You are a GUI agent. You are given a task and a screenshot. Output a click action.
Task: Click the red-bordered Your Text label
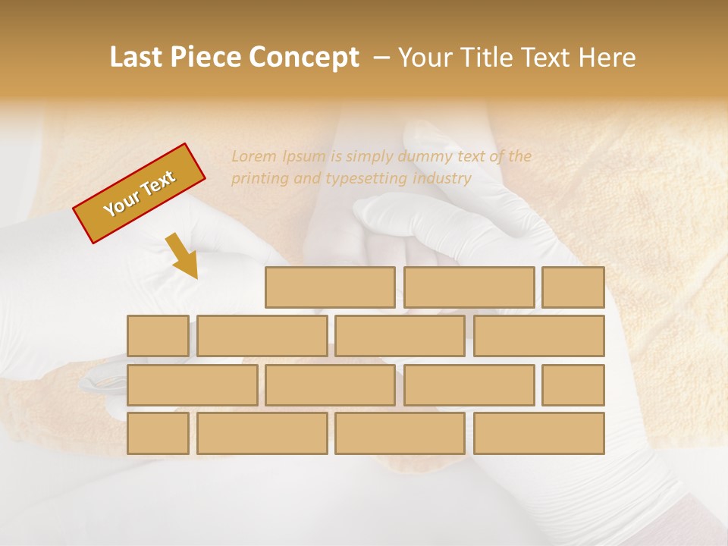tap(139, 193)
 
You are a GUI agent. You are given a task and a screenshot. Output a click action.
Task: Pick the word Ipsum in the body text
tap(304, 157)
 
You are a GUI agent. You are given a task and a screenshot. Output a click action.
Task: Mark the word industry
tap(443, 179)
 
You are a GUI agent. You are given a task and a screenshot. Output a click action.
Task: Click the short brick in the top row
tap(573, 287)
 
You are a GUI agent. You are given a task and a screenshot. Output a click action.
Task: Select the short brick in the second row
tap(158, 336)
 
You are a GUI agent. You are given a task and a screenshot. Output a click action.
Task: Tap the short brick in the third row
tap(573, 384)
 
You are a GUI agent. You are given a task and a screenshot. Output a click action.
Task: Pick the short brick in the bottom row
tap(158, 433)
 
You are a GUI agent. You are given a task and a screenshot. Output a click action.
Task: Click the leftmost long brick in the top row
tap(330, 287)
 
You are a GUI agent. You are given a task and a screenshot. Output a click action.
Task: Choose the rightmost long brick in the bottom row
tap(539, 433)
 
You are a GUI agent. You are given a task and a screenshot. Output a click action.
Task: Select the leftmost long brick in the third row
tap(192, 384)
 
